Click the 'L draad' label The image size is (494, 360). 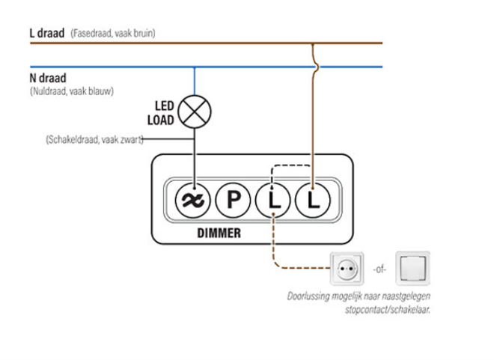tap(46, 34)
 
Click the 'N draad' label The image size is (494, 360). tap(46, 78)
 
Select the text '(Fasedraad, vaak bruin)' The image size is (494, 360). tap(114, 35)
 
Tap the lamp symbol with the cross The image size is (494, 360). tap(198, 112)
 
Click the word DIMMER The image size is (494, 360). tap(220, 233)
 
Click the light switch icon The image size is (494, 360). tap(414, 266)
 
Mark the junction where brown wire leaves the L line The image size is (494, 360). tap(312, 43)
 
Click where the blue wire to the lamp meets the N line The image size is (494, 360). tap(195, 67)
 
